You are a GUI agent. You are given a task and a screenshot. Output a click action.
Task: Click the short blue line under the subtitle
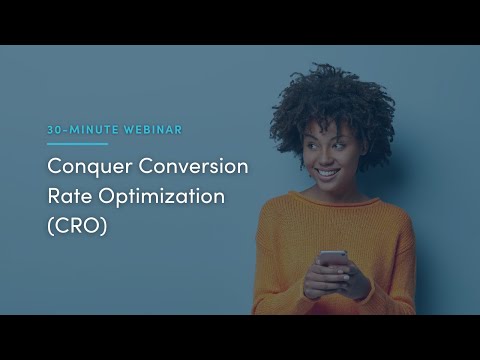tap(77, 144)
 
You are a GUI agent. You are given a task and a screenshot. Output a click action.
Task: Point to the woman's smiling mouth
tap(328, 172)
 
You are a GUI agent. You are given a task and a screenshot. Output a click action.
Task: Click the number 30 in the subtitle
tap(55, 131)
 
